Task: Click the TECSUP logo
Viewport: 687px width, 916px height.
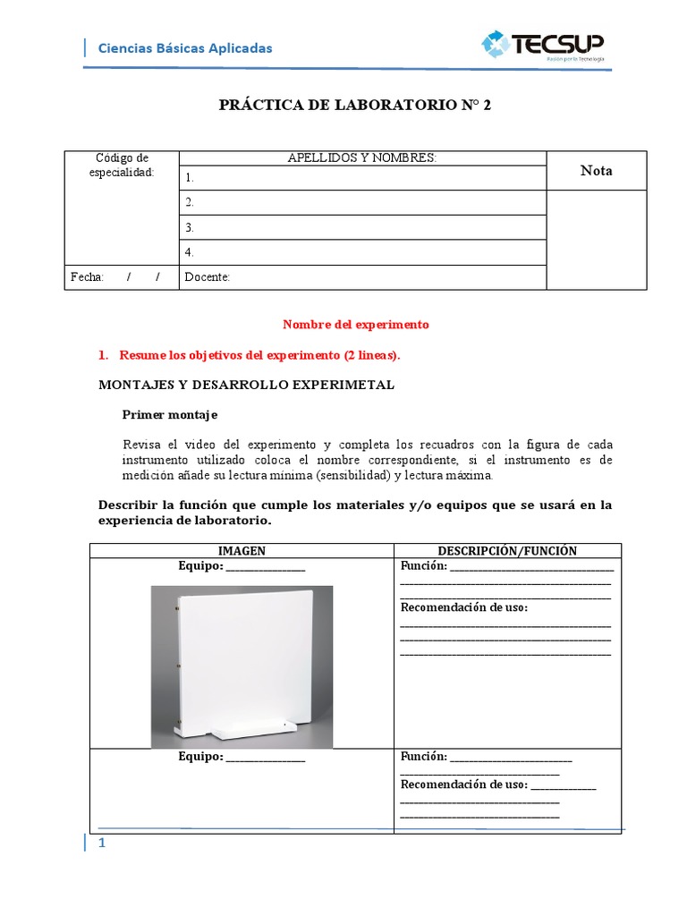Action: tap(543, 46)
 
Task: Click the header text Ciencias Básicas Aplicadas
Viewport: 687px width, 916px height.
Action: tap(184, 48)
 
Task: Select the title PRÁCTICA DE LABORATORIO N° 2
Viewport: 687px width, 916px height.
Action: tap(355, 105)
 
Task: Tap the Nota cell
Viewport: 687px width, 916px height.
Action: tap(596, 170)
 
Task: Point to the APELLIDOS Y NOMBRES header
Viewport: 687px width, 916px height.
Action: tap(361, 158)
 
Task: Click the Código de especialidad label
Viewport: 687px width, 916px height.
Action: tap(122, 165)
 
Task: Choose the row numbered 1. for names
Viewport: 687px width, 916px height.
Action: tap(362, 178)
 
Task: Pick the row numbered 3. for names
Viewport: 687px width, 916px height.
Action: tap(362, 227)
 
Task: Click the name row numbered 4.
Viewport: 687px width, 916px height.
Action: tap(362, 252)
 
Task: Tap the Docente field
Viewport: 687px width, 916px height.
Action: tap(362, 277)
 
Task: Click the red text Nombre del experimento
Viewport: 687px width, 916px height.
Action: tap(356, 325)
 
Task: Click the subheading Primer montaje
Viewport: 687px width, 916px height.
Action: tap(169, 415)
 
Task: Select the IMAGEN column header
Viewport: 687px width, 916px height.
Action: tap(242, 551)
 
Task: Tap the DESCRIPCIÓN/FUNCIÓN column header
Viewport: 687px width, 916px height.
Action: tap(507, 551)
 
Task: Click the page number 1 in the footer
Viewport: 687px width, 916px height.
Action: tap(102, 844)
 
